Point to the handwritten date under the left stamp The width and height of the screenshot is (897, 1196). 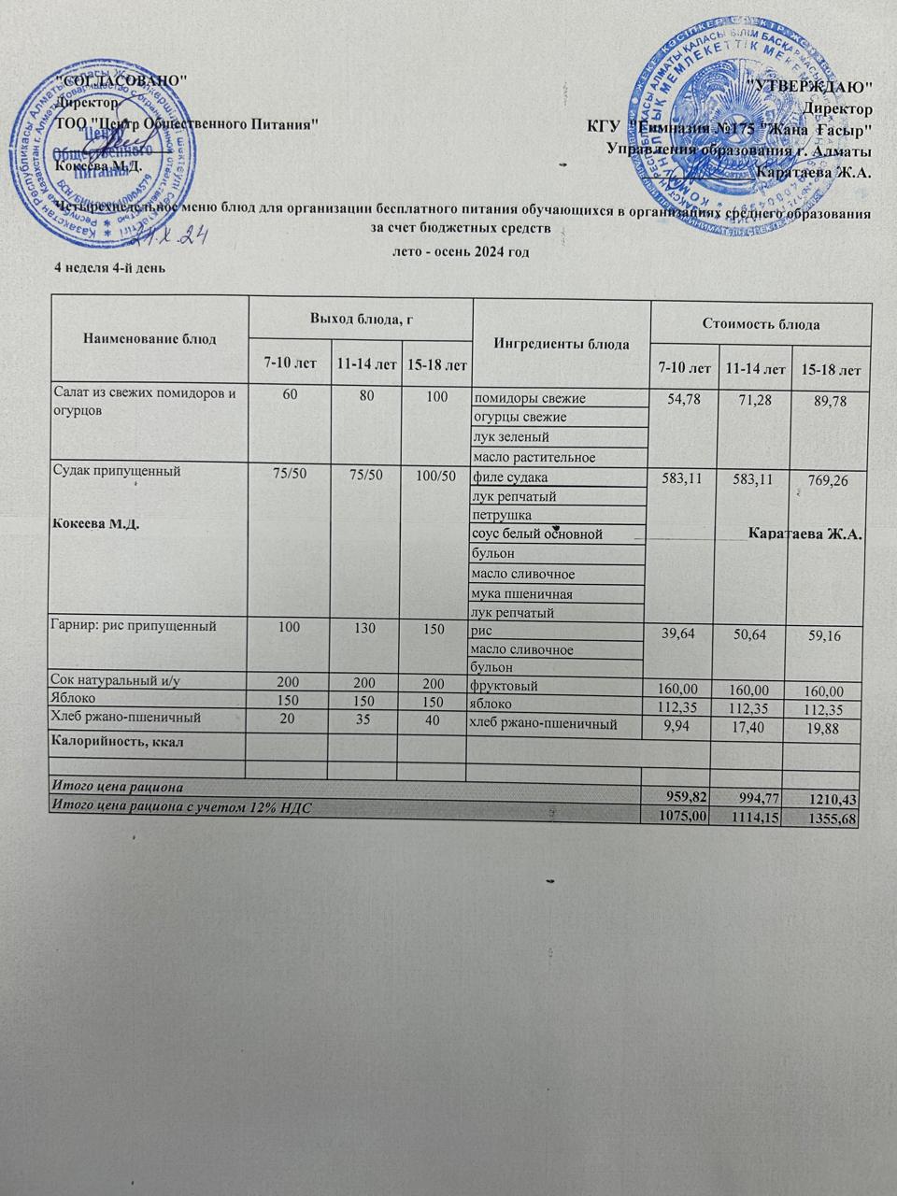click(x=178, y=234)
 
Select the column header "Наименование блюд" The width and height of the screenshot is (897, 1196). click(x=149, y=338)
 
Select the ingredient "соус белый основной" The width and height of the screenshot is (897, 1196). click(x=536, y=534)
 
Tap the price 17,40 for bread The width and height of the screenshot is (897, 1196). click(x=752, y=727)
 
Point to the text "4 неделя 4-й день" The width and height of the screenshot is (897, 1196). click(x=111, y=270)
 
